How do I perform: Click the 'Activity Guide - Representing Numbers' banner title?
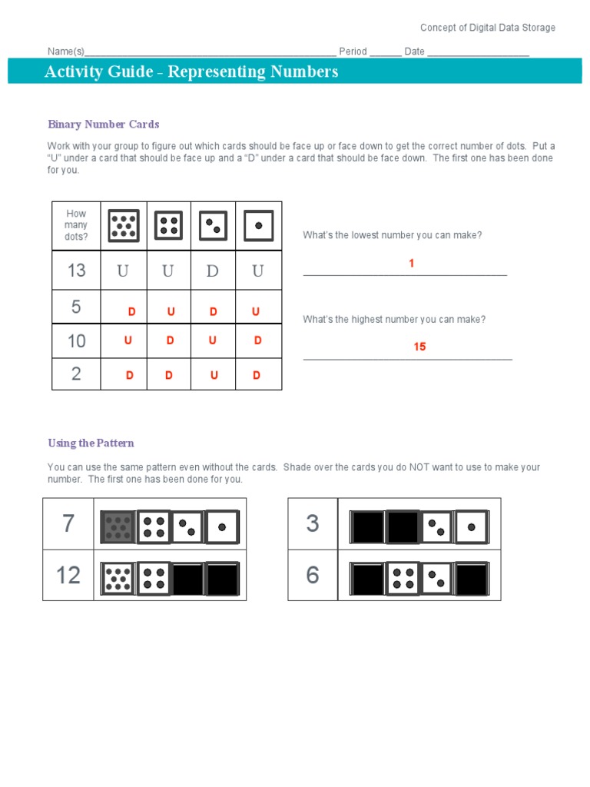[x=191, y=71]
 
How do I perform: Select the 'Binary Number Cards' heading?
[x=103, y=124]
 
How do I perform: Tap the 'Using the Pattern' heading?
[x=91, y=443]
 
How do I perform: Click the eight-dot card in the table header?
[x=123, y=226]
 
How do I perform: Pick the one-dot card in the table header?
[x=258, y=226]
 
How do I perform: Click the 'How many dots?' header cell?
[x=76, y=225]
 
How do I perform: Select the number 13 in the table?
[x=76, y=271]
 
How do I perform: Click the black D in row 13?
[x=213, y=271]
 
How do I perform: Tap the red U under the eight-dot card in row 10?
[x=128, y=340]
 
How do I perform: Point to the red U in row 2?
[x=214, y=375]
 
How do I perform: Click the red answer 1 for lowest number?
[x=411, y=264]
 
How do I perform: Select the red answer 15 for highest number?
[x=419, y=347]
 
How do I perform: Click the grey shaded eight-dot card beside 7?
[x=118, y=526]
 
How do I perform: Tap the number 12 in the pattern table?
[x=68, y=575]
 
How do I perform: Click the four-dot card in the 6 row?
[x=402, y=578]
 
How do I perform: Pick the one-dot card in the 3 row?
[x=472, y=526]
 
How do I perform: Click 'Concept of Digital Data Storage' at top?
[x=487, y=28]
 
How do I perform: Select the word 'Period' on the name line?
[x=353, y=51]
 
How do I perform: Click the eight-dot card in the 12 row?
[x=118, y=578]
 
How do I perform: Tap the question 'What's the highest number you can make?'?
[x=394, y=319]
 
